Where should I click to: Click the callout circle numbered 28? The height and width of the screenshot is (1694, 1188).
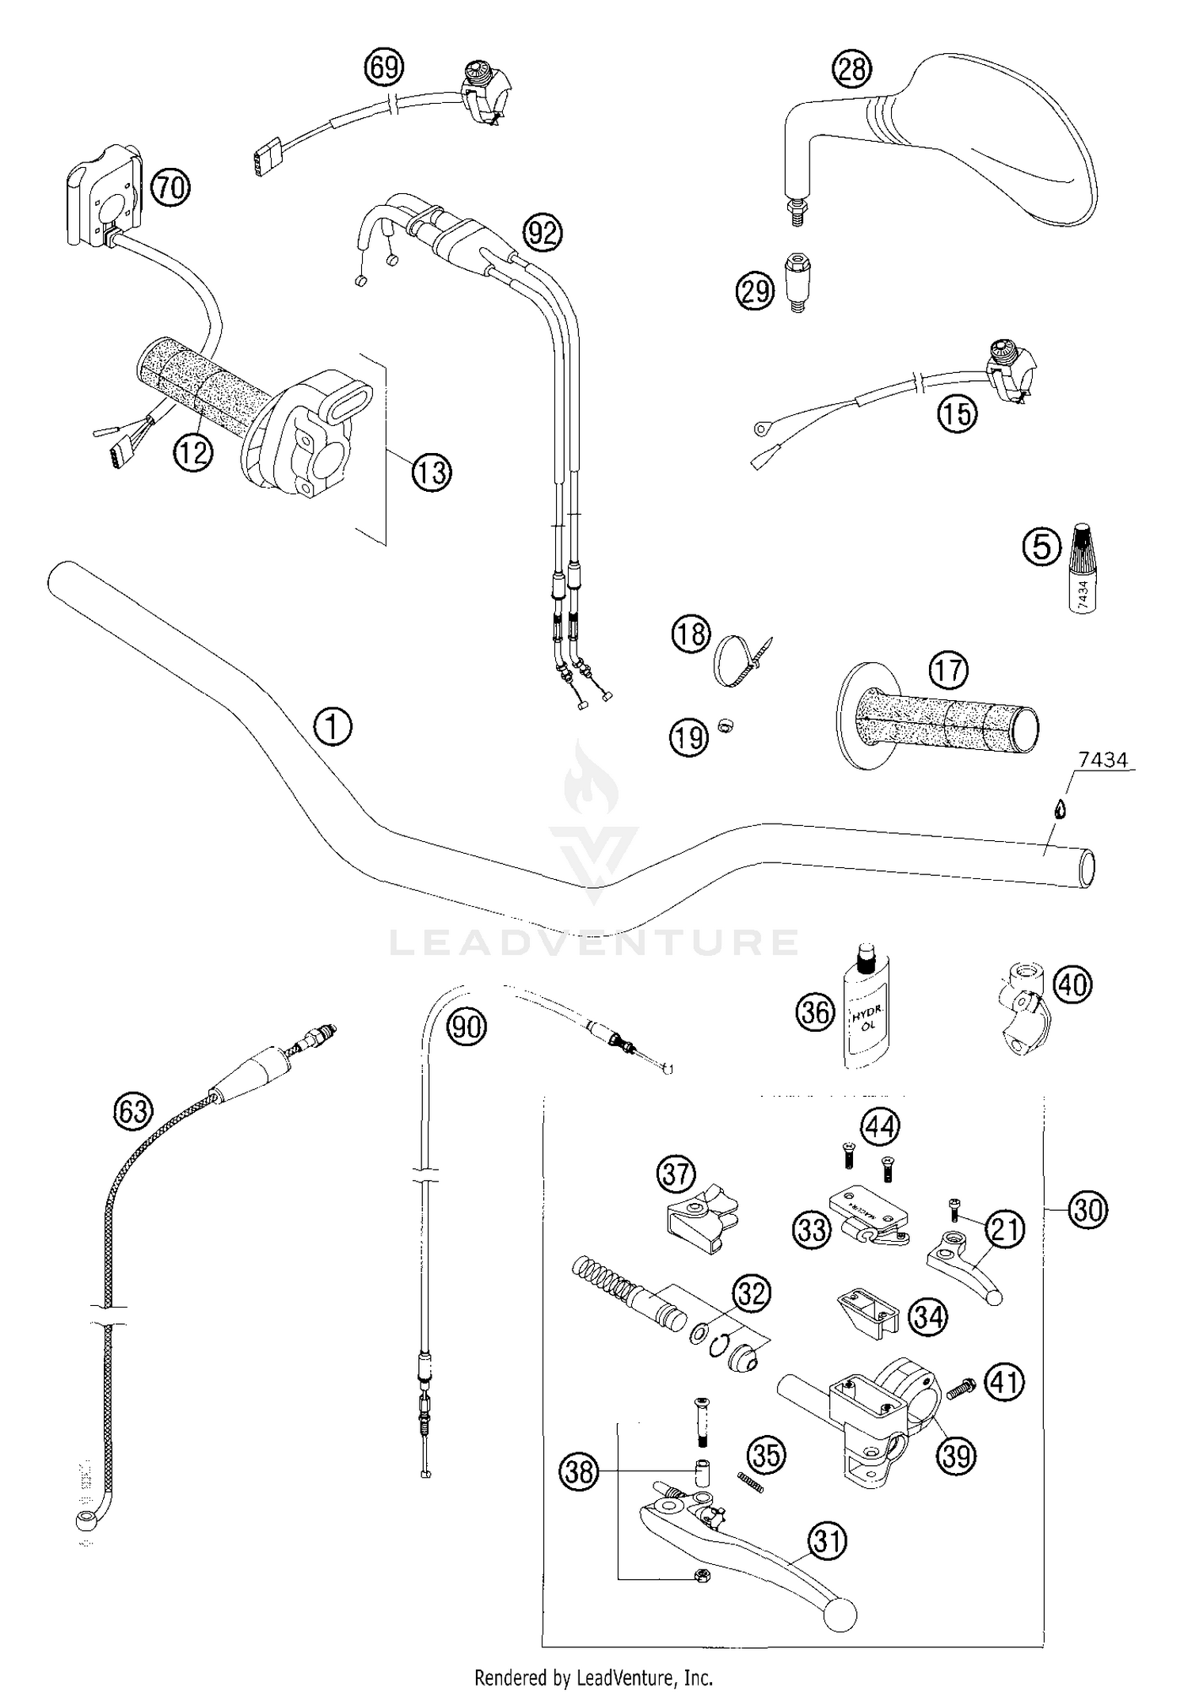click(x=851, y=70)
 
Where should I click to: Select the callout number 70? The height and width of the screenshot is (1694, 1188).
click(x=170, y=188)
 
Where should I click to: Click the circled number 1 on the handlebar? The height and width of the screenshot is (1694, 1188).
click(x=333, y=726)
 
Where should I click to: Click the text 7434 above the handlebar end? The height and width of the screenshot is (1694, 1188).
click(x=1103, y=760)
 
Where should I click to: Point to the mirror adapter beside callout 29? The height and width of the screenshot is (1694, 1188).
click(x=797, y=282)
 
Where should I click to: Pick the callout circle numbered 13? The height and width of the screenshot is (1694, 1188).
click(x=432, y=472)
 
